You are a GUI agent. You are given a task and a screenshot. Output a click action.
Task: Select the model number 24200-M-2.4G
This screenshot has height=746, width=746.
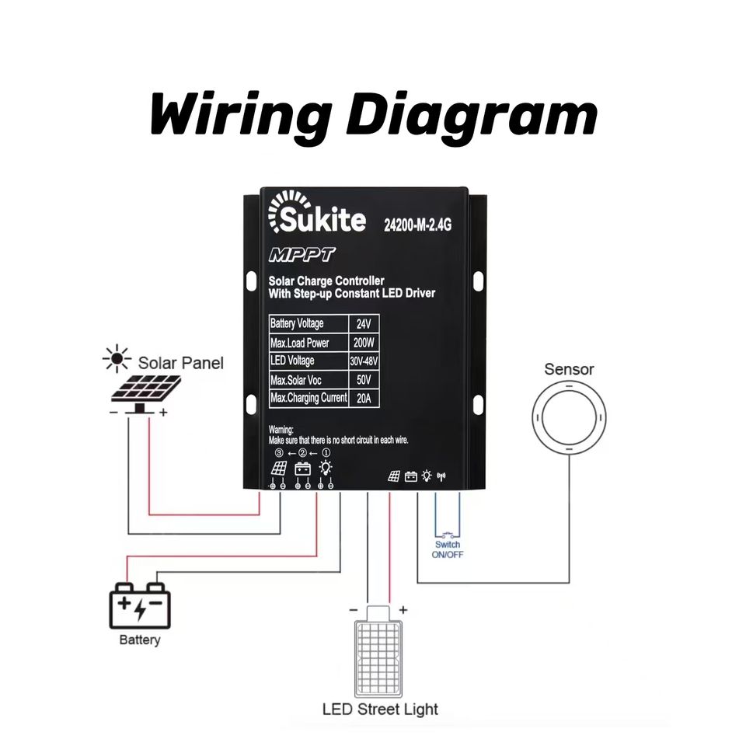pyautogui.click(x=418, y=225)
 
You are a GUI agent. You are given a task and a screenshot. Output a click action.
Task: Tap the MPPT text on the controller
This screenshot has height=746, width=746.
pyautogui.click(x=302, y=255)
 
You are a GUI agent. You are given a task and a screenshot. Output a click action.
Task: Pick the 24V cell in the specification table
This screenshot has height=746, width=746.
pyautogui.click(x=364, y=324)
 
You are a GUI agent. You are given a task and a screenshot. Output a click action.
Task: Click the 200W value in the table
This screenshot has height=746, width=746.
pyautogui.click(x=364, y=343)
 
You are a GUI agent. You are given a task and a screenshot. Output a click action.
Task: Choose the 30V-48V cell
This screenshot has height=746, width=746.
pyautogui.click(x=364, y=361)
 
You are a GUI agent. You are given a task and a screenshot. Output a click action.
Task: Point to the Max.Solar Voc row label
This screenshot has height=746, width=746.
pyautogui.click(x=295, y=380)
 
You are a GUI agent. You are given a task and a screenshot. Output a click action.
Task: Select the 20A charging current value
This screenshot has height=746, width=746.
pyautogui.click(x=364, y=398)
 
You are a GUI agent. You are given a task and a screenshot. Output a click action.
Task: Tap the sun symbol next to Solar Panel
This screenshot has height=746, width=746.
pyautogui.click(x=117, y=358)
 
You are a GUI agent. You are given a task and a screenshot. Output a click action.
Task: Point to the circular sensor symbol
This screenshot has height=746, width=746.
pyautogui.click(x=569, y=418)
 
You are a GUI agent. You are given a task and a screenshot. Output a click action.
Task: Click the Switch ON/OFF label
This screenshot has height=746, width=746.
pyautogui.click(x=448, y=549)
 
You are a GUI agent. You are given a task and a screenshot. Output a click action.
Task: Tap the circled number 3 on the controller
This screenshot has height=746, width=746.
pyautogui.click(x=279, y=453)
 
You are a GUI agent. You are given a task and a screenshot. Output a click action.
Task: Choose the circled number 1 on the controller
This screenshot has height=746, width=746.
pyautogui.click(x=326, y=453)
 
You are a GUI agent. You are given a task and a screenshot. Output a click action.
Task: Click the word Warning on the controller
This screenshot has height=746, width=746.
pyautogui.click(x=281, y=430)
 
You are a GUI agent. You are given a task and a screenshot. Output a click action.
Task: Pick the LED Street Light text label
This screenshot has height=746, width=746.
pyautogui.click(x=380, y=709)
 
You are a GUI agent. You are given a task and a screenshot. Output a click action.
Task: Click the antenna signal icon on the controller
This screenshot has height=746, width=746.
pyautogui.click(x=441, y=476)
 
